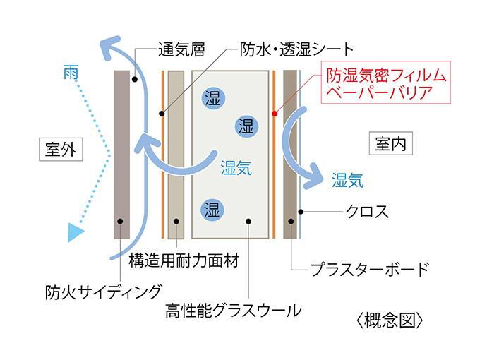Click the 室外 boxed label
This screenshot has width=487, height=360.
pyautogui.click(x=61, y=150)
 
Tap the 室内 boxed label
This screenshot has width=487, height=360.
pyautogui.click(x=391, y=143)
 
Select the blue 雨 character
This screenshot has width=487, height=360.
pyautogui.click(x=71, y=72)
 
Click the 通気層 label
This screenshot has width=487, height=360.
pyautogui.click(x=181, y=49)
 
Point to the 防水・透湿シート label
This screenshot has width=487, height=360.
pyautogui.click(x=297, y=49)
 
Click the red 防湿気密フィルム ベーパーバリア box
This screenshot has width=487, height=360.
pyautogui.click(x=386, y=82)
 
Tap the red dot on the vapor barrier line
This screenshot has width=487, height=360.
pyautogui.click(x=275, y=114)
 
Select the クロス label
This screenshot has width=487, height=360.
pyautogui.click(x=367, y=212)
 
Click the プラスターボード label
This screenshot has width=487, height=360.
pyautogui.click(x=370, y=269)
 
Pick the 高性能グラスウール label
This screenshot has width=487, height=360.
pyautogui.click(x=233, y=311)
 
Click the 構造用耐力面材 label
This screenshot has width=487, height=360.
pyautogui.click(x=184, y=260)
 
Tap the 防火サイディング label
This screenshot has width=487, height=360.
pyautogui.click(x=104, y=292)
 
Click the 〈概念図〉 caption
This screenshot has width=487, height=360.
pyautogui.click(x=390, y=320)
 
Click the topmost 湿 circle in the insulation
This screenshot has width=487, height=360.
pyautogui.click(x=213, y=98)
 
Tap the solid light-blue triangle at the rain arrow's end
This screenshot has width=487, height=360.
pyautogui.click(x=76, y=232)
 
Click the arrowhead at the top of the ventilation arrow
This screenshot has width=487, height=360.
pyautogui.click(x=109, y=47)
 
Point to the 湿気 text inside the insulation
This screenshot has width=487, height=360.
pyautogui.click(x=236, y=167)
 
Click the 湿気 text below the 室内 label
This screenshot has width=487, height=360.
pyautogui.click(x=347, y=180)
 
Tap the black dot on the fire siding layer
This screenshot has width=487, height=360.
pyautogui.click(x=120, y=222)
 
